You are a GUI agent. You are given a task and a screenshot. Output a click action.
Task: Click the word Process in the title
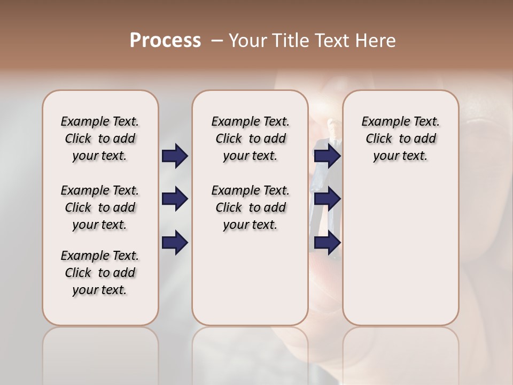(165, 41)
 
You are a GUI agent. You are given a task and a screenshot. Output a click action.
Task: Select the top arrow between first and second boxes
(175, 156)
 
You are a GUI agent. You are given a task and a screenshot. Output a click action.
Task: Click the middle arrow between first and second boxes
(175, 199)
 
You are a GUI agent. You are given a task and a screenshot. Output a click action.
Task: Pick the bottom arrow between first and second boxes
(175, 243)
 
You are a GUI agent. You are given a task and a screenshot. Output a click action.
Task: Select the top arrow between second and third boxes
(327, 156)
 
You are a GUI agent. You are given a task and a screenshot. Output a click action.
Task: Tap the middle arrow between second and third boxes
(327, 199)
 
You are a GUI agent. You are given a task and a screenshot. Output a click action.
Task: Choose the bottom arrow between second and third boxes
(327, 243)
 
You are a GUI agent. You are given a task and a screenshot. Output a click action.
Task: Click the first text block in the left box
(100, 138)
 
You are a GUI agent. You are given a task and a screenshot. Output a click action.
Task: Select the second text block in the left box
(100, 207)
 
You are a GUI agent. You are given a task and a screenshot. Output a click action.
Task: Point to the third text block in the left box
(100, 273)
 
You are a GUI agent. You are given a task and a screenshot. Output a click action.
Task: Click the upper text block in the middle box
(250, 138)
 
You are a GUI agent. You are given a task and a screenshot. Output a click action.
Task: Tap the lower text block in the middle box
(250, 207)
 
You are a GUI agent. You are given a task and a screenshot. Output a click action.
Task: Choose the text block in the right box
(400, 138)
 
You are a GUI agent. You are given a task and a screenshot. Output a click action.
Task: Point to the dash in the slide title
(216, 41)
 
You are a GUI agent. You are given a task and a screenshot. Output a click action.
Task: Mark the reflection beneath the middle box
(250, 353)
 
